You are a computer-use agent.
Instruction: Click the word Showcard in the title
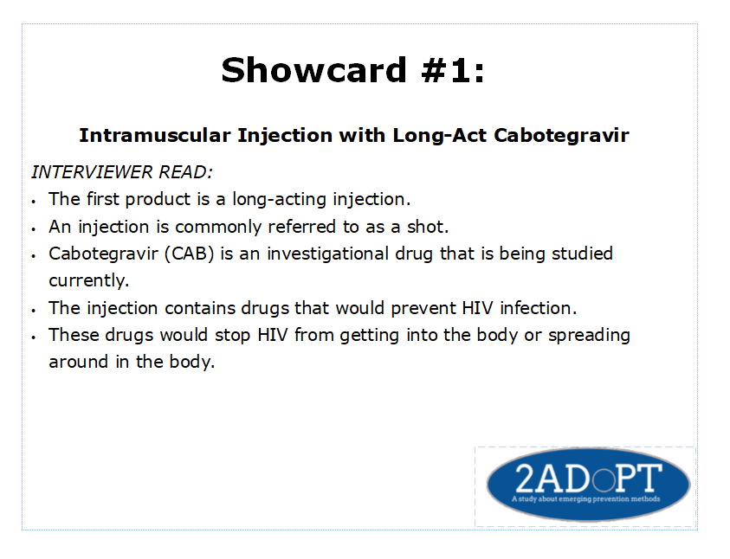[313, 70]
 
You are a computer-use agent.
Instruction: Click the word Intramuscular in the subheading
[155, 135]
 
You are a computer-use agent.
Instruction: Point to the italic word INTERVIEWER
[92, 172]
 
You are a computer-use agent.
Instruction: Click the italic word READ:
[186, 172]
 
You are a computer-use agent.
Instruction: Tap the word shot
[428, 227]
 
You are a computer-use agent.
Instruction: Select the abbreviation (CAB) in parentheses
[189, 254]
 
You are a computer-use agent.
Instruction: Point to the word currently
[88, 281]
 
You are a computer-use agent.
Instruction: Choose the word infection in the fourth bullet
[538, 308]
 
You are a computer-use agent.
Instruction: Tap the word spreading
[589, 335]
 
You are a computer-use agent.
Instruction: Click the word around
[78, 362]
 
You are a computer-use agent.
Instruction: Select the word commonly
[218, 227]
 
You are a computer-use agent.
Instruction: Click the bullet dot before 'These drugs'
[34, 337]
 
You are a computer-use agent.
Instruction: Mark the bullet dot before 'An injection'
[34, 228]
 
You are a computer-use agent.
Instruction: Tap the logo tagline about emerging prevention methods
[585, 499]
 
